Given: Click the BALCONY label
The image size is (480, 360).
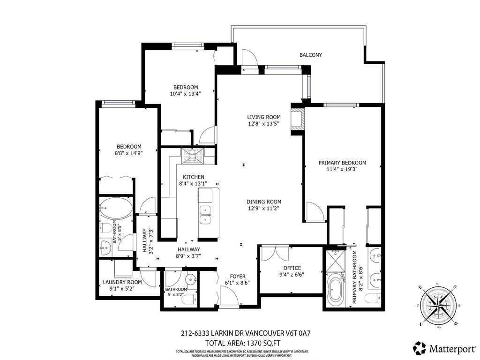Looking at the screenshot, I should coord(310,55).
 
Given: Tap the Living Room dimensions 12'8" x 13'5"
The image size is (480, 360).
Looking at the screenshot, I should coord(264,125).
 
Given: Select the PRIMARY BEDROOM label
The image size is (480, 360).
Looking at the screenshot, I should coord(342,163).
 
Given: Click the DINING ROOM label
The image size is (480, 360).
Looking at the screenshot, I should coord(264,202).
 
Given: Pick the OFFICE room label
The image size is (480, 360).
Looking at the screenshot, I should coord(292,268).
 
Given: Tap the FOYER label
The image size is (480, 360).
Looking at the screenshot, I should coord(237,277).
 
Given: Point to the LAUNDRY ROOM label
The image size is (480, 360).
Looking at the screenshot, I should coord(122,283).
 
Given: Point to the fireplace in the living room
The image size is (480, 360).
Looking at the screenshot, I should coord(297,120).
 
